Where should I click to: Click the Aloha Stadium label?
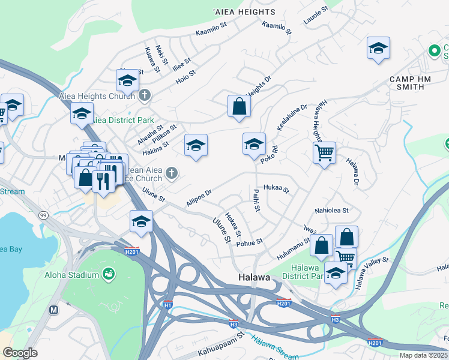click(71, 275)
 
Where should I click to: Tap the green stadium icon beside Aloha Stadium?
click(109, 274)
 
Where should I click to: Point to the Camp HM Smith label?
click(406, 83)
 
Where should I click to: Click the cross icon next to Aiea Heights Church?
click(144, 95)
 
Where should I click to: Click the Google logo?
click(20, 353)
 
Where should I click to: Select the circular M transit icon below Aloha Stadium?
click(55, 310)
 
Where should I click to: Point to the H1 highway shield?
click(167, 305)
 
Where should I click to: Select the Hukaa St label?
click(277, 189)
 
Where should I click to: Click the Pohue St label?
click(250, 242)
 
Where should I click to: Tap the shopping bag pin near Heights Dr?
click(239, 106)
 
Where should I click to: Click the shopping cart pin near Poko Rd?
click(324, 152)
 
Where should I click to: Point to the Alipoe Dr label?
click(199, 199)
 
